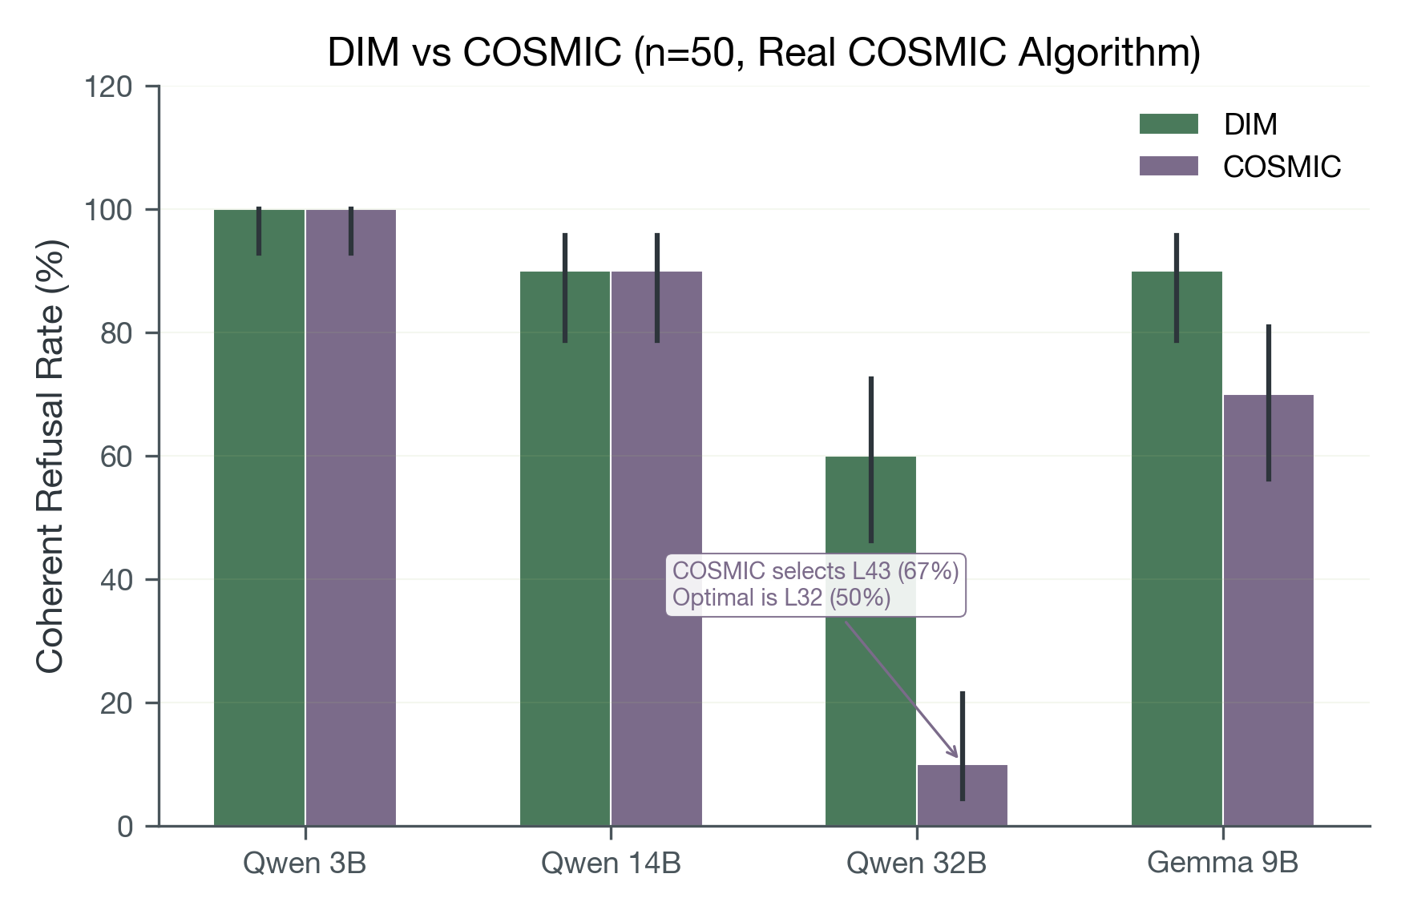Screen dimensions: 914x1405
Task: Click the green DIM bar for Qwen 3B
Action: pyautogui.click(x=259, y=521)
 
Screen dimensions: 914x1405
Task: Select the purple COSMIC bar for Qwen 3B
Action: pyautogui.click(x=351, y=521)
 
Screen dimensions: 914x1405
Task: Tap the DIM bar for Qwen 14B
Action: pyautogui.click(x=565, y=553)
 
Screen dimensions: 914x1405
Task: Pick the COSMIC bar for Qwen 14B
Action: pyautogui.click(x=657, y=553)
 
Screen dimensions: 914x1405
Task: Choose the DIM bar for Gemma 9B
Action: pyautogui.click(x=1177, y=553)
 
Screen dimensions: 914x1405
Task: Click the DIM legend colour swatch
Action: pyautogui.click(x=1169, y=124)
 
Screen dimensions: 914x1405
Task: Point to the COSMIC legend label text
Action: pyautogui.click(x=1282, y=167)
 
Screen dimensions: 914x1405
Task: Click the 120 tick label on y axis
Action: pyautogui.click(x=108, y=87)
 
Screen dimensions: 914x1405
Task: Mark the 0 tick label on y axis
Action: pyautogui.click(x=125, y=827)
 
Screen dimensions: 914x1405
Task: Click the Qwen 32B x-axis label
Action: pyautogui.click(x=916, y=864)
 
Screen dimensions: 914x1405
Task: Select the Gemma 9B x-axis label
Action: pyautogui.click(x=1222, y=864)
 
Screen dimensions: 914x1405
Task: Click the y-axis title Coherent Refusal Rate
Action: pyautogui.click(x=50, y=457)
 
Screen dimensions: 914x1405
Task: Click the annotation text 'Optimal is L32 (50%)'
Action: pyautogui.click(x=781, y=598)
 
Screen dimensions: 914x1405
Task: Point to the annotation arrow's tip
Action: pyautogui.click(x=957, y=757)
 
